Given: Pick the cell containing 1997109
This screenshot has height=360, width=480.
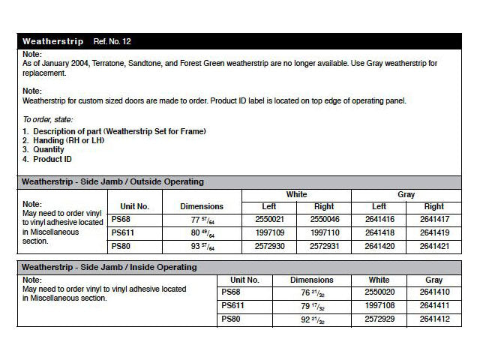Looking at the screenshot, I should pos(270,232).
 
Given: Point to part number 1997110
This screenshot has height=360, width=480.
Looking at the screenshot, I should pos(324,232).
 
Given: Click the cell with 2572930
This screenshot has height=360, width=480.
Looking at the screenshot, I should pos(270,246).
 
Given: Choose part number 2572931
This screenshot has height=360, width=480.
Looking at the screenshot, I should pos(324,246).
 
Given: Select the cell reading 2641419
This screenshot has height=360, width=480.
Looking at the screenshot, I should pos(433,232).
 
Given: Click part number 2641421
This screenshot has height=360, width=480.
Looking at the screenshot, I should pos(433,246).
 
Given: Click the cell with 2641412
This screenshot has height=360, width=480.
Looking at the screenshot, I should pos(433,320).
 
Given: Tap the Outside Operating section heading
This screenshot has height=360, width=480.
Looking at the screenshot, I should pos(112,181).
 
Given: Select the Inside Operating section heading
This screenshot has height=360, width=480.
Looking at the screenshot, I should pos(110,267).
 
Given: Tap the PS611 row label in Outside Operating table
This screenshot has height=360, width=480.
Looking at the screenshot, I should pos(121,232).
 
